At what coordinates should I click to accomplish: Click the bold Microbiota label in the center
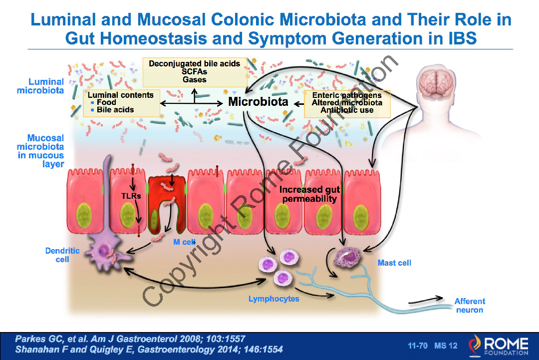point(258,101)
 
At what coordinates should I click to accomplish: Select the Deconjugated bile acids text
point(194,63)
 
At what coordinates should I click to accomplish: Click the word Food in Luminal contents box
point(106,102)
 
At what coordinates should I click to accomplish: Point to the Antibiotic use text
point(347,110)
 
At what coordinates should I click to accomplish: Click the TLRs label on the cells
point(131,196)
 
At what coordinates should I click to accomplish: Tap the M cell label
point(184,242)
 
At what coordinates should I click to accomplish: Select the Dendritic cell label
point(62,255)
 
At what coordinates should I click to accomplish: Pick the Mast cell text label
point(394,263)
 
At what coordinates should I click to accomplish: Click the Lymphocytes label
point(274,299)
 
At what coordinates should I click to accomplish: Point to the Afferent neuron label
point(470,305)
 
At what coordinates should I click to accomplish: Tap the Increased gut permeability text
point(309,194)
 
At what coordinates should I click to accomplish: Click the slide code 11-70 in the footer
point(418,346)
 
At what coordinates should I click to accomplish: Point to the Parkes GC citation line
point(130,339)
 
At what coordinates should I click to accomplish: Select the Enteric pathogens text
point(347,95)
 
